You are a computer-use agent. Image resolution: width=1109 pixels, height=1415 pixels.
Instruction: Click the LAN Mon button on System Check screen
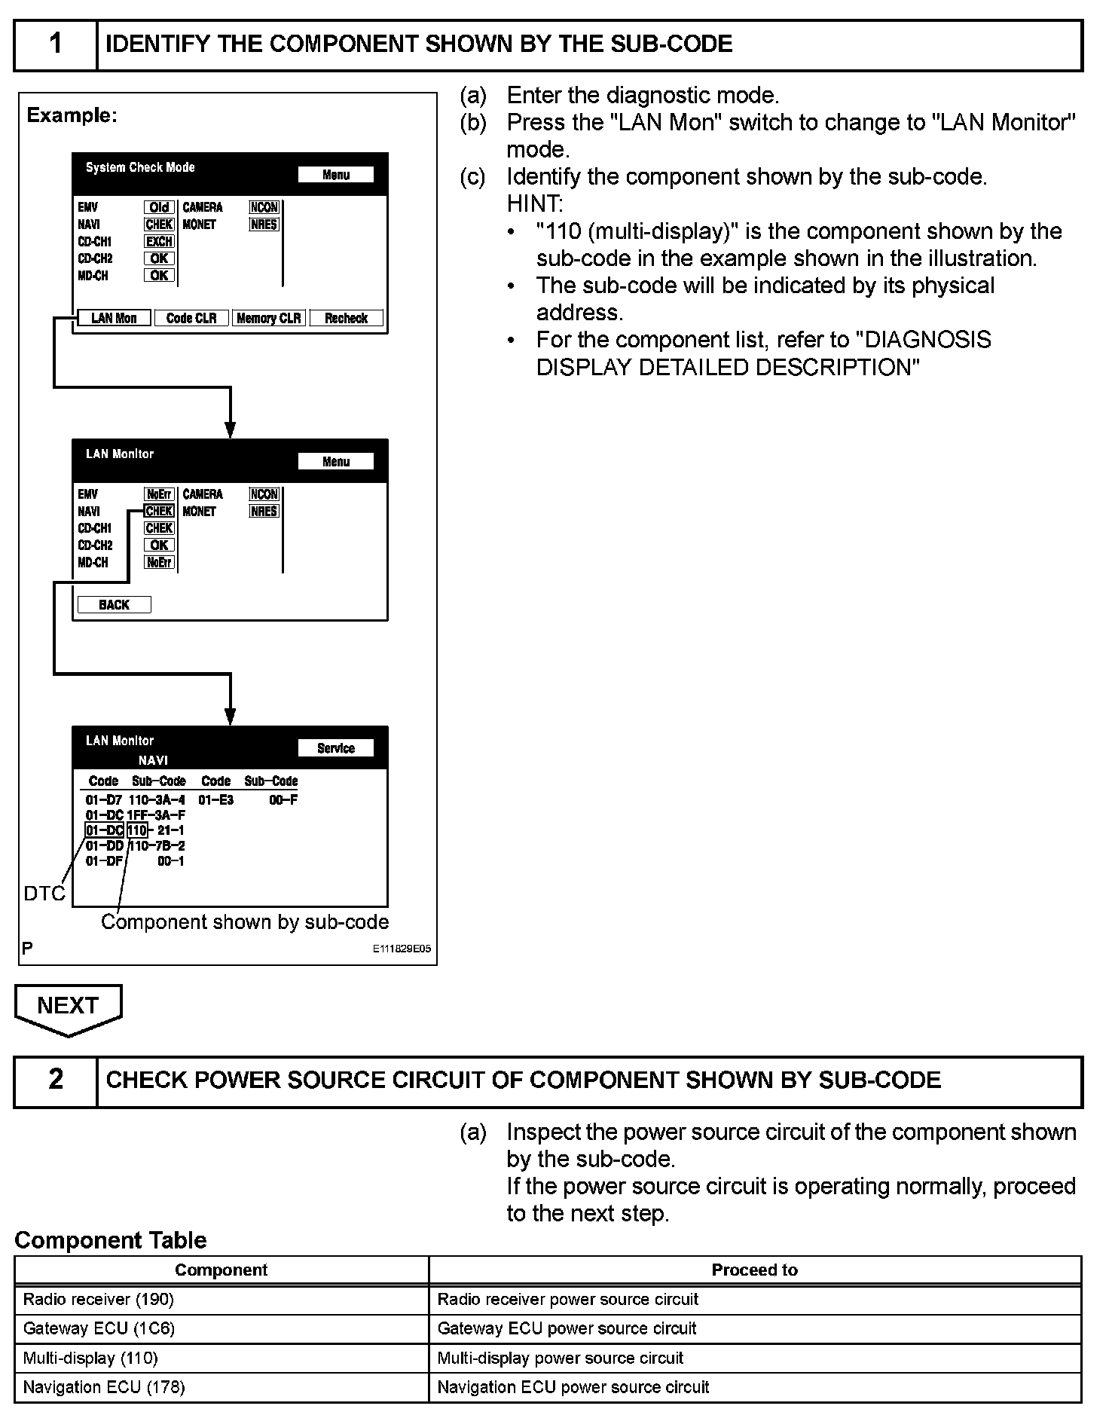click(114, 318)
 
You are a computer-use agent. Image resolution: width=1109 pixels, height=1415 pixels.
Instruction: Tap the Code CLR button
click(191, 318)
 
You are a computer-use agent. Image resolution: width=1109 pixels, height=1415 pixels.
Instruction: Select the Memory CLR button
click(269, 318)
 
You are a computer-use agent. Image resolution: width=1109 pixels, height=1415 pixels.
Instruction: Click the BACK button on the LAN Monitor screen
click(114, 604)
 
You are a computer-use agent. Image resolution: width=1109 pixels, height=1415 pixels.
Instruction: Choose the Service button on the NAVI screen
click(335, 747)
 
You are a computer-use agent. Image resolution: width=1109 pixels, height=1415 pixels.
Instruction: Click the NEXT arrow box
click(68, 1007)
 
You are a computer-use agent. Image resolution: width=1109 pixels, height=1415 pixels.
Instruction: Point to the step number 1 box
click(56, 44)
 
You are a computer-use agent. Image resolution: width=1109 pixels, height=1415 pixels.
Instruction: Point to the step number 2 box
click(56, 1080)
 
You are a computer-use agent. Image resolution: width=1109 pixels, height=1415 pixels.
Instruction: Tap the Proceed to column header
click(755, 1270)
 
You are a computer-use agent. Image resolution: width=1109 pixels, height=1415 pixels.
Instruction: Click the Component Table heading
click(110, 1239)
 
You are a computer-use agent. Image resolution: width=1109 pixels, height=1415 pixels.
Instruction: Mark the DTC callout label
click(44, 894)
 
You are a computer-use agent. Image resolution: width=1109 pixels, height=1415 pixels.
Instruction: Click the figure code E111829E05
click(402, 949)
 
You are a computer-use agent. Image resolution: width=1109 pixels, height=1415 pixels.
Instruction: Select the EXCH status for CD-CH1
click(159, 241)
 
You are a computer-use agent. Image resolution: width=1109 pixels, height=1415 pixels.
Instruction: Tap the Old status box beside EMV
click(159, 207)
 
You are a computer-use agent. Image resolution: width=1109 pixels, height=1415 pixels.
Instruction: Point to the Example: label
click(72, 115)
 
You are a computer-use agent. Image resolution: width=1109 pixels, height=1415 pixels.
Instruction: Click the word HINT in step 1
click(534, 203)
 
